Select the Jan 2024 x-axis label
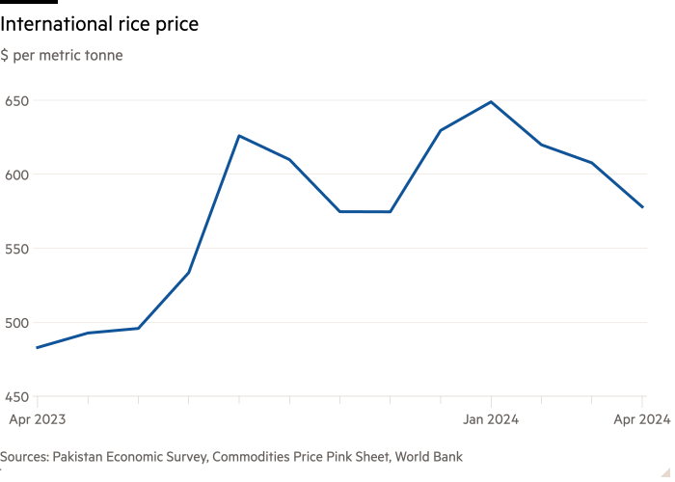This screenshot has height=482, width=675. click(x=492, y=419)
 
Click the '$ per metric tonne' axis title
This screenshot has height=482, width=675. click(x=62, y=56)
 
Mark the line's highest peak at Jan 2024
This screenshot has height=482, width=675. click(x=492, y=101)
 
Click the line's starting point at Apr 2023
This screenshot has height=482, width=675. click(x=37, y=347)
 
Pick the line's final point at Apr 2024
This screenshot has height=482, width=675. click(x=643, y=207)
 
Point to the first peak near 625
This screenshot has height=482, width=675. click(x=239, y=135)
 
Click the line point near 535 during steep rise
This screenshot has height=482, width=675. click(x=189, y=272)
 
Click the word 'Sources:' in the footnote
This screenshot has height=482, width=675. click(x=25, y=456)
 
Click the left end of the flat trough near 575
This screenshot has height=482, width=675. click(x=340, y=211)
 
